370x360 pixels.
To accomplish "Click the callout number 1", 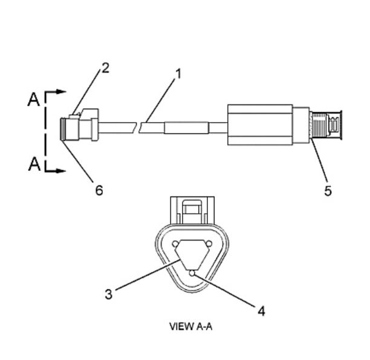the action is pyautogui.click(x=178, y=74).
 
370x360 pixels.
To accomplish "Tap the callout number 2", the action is pyautogui.click(x=105, y=68).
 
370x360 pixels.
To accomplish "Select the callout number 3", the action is pyautogui.click(x=109, y=294).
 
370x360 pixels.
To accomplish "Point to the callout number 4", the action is pyautogui.click(x=261, y=311).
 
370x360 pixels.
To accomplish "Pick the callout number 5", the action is pyautogui.click(x=328, y=190).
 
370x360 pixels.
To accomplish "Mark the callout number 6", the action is pyautogui.click(x=99, y=190).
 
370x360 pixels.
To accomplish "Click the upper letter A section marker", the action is pyautogui.click(x=33, y=100).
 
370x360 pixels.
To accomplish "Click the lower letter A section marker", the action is pyautogui.click(x=34, y=164).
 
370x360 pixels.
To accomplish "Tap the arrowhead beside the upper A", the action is pyautogui.click(x=62, y=91).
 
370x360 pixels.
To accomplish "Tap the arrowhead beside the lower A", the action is pyautogui.click(x=62, y=171).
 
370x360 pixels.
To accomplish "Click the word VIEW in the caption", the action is pyautogui.click(x=181, y=327).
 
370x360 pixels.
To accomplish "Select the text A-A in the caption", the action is pyautogui.click(x=204, y=327).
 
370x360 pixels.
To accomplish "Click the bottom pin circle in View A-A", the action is pyautogui.click(x=192, y=273).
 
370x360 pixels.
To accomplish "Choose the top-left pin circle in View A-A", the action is pyautogui.click(x=175, y=244).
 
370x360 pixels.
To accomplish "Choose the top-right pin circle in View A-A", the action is pyautogui.click(x=209, y=243).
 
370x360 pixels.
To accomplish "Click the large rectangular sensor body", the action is pyautogui.click(x=261, y=124).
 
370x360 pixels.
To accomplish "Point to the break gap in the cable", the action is pyautogui.click(x=137, y=127).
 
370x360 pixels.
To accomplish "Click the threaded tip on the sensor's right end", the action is pyautogui.click(x=326, y=126).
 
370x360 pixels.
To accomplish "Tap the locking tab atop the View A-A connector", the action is pyautogui.click(x=192, y=210).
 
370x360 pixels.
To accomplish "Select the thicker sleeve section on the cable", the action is pyautogui.click(x=186, y=128).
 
